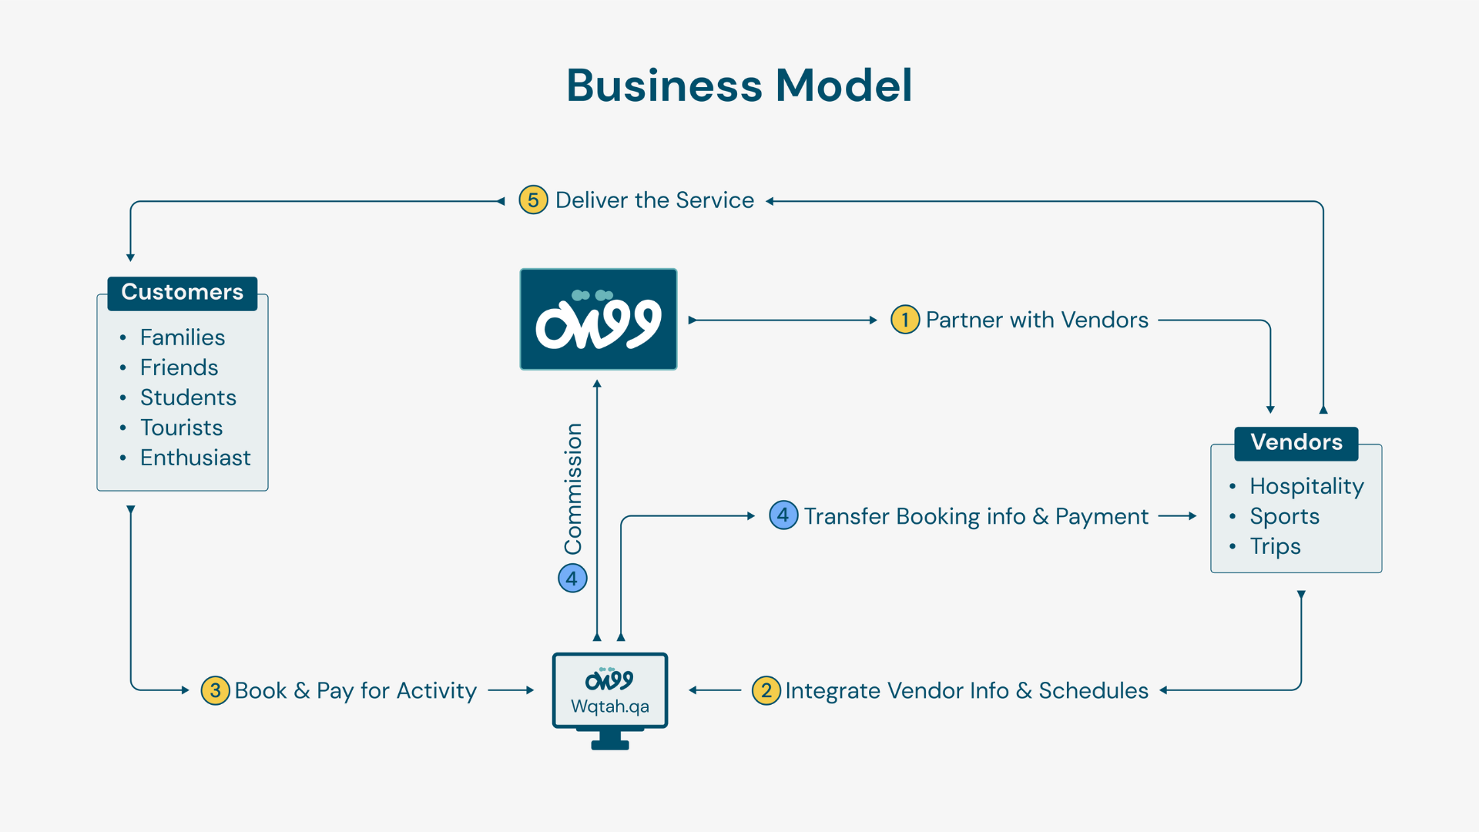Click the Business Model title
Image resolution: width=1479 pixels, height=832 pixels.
coord(739,85)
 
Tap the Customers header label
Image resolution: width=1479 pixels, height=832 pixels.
coord(182,293)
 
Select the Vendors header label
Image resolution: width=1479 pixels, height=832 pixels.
coord(1296,443)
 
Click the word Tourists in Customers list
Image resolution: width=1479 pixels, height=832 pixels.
coord(181,428)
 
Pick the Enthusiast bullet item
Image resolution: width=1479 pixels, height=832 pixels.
coord(195,458)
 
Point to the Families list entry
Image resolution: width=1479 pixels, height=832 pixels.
coord(183,337)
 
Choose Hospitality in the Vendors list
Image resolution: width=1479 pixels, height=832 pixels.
coord(1306,486)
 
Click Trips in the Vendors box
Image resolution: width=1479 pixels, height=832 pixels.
coord(1275,546)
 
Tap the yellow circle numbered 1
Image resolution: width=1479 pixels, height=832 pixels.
coord(905,320)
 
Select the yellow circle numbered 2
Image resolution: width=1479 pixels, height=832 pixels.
coord(766,690)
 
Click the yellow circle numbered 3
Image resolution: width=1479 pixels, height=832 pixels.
coord(215,690)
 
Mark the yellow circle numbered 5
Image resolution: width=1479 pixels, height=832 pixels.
coord(533,200)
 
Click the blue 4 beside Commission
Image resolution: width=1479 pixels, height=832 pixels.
coord(572,578)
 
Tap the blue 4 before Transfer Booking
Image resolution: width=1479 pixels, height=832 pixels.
coord(783,515)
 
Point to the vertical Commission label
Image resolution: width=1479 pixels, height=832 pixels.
coord(573,488)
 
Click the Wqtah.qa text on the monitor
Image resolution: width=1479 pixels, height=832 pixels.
coord(609,706)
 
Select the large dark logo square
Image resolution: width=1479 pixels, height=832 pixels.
coord(599,319)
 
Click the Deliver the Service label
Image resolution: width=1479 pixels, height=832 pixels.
coord(654,200)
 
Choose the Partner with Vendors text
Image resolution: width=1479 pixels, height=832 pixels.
coord(1037,320)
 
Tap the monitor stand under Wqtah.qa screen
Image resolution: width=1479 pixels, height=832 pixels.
coord(610,740)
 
